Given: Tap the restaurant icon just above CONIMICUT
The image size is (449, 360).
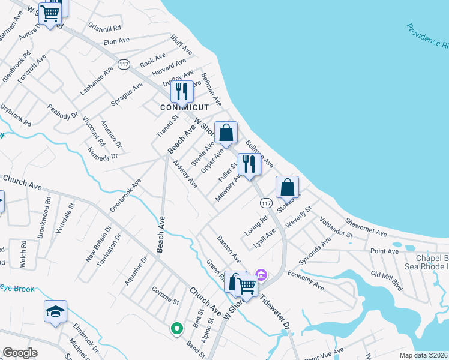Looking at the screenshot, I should click(x=181, y=92).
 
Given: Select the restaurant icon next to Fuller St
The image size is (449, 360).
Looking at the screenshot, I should click(x=249, y=164).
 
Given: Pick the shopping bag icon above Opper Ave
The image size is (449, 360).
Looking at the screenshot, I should click(x=226, y=133).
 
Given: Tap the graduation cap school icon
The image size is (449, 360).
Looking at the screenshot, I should click(x=55, y=312).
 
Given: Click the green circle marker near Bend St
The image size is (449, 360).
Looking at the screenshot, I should click(x=176, y=328).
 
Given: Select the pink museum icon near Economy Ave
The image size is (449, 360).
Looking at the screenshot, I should click(x=261, y=275).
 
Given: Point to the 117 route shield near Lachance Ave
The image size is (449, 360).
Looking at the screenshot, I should click(x=124, y=65).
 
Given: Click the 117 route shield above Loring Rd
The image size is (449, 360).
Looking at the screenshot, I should click(x=265, y=204).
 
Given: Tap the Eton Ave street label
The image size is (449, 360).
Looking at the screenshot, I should click(x=117, y=41).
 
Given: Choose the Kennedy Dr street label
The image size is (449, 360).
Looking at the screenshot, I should click(x=102, y=154).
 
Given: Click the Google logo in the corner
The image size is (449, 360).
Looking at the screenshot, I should click(x=20, y=353).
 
